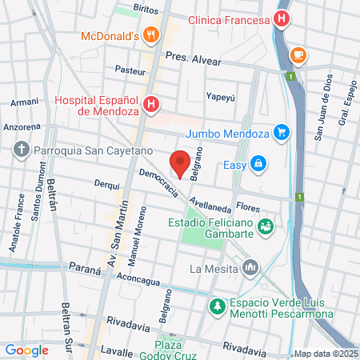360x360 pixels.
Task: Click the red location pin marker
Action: coord(181,163)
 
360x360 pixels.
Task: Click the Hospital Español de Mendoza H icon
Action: coord(151,104)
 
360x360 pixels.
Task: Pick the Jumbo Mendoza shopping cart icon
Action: coord(281,132)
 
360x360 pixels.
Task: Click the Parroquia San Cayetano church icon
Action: coord(21,150)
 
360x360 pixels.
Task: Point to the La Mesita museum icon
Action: coord(250,266)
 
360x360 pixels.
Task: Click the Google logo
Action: coord(26,350)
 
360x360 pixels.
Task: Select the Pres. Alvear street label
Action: coord(192,57)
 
